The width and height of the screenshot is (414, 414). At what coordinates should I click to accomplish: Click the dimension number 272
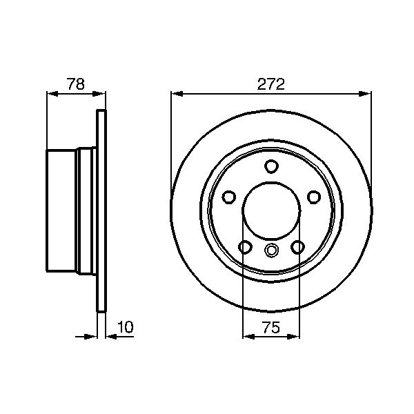point(270,85)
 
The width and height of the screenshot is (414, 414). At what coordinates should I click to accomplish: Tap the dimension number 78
point(76,85)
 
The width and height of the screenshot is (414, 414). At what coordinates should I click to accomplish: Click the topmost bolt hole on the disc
point(271,166)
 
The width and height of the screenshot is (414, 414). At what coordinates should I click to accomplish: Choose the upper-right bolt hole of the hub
point(315,197)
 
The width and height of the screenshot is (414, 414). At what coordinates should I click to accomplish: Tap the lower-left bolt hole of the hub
point(244,247)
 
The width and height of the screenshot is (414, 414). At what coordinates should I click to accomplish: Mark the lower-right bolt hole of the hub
point(298,247)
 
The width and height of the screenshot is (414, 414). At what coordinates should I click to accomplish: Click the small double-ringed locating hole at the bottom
point(271,250)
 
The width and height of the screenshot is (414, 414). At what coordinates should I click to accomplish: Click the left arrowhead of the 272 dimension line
point(176,92)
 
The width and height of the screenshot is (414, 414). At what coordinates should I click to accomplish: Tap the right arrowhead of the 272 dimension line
point(366,92)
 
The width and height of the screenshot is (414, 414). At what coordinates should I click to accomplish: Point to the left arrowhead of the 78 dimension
point(51,92)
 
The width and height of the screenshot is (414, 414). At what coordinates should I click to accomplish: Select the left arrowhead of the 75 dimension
point(248,337)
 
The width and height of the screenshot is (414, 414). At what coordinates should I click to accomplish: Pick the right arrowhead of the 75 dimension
point(295,337)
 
